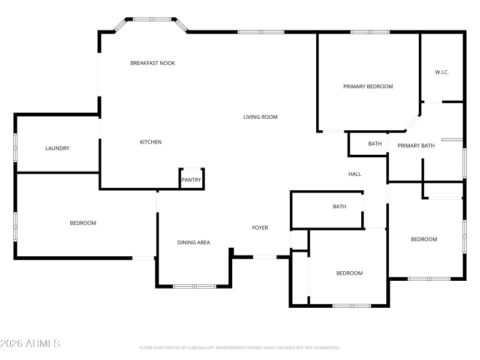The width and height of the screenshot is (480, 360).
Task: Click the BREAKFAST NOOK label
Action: pyautogui.click(x=152, y=63)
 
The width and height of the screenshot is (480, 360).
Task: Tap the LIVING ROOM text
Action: pyautogui.click(x=260, y=117)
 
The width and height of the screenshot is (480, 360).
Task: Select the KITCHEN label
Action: pyautogui.click(x=151, y=142)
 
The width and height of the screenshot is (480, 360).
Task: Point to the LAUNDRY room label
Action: pyautogui.click(x=58, y=148)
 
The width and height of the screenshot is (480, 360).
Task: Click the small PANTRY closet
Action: pyautogui.click(x=191, y=179)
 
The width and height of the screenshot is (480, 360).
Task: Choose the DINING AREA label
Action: pyautogui.click(x=193, y=242)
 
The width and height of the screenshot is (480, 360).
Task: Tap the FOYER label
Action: pyautogui.click(x=260, y=228)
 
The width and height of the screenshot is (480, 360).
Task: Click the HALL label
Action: pyautogui.click(x=355, y=175)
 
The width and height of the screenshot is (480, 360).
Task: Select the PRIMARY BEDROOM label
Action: pyautogui.click(x=368, y=86)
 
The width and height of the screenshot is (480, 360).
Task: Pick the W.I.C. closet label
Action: pyautogui.click(x=442, y=73)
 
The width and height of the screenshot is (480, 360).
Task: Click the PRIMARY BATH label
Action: pyautogui.click(x=416, y=146)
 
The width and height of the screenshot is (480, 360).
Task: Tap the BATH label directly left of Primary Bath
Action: pyautogui.click(x=374, y=144)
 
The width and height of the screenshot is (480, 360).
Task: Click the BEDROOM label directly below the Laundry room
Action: pyautogui.click(x=83, y=223)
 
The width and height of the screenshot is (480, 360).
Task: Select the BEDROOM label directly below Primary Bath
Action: pyautogui.click(x=424, y=239)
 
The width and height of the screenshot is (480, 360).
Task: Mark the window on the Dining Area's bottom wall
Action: pyautogui.click(x=194, y=286)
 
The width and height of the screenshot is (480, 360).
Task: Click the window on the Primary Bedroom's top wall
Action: pyautogui.click(x=370, y=32)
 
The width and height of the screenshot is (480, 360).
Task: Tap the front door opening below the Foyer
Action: pyautogui.click(x=265, y=257)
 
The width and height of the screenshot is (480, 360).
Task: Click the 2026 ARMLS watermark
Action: pyautogui.click(x=30, y=344)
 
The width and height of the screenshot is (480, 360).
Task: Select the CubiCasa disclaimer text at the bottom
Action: pyautogui.click(x=239, y=347)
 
